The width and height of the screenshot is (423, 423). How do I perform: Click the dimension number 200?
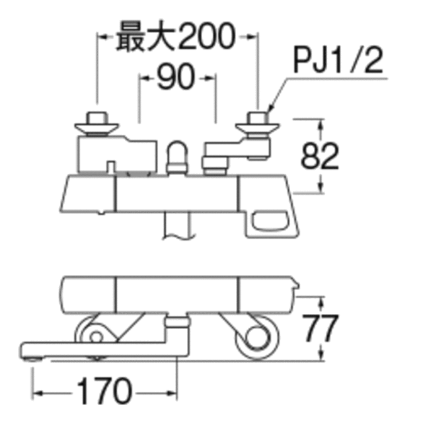206,36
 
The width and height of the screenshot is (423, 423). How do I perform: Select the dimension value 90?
176,77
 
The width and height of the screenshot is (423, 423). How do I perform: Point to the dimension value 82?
319,156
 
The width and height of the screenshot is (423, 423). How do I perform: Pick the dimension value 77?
320,328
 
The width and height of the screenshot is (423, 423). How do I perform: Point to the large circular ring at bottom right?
257,337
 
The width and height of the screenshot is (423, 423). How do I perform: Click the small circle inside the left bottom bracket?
96,337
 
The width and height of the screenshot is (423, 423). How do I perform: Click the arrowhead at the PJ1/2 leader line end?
270,107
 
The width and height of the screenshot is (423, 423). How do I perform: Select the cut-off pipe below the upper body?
178,225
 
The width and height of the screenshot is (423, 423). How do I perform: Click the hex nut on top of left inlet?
96,118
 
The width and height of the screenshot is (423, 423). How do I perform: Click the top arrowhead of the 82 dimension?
321,124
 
